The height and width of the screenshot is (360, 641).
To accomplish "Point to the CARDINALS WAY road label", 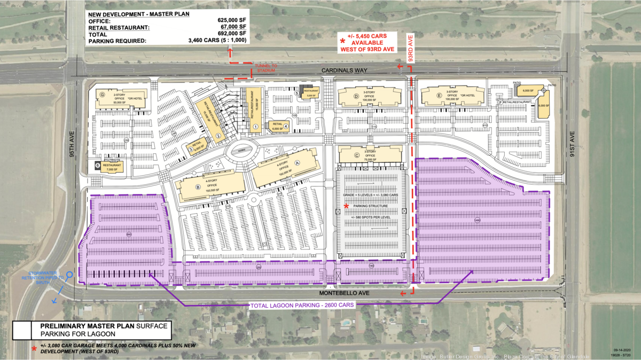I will [x=342, y=71].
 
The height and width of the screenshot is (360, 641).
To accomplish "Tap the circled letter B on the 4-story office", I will [x=198, y=187].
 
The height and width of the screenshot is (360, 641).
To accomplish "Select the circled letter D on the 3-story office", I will [x=356, y=96].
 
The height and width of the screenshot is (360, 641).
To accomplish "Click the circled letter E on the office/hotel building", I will [x=439, y=96].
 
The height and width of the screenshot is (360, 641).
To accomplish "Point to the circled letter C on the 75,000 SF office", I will [x=356, y=155].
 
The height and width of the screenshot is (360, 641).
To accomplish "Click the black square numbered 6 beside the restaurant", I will [x=98, y=166].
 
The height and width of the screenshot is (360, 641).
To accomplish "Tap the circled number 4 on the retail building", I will [x=286, y=127].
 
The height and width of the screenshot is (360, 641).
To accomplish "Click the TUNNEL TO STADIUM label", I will [x=265, y=68].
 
